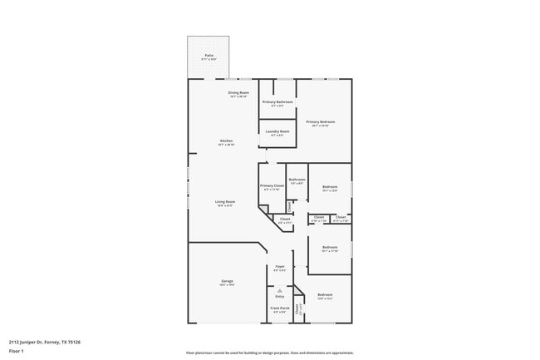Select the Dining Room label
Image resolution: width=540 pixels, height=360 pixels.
click(239, 92)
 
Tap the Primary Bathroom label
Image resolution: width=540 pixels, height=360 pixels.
click(277, 101)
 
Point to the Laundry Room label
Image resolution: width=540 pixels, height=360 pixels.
click(277, 131)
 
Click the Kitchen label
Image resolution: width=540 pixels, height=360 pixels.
click(226, 141)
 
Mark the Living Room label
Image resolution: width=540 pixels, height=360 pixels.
click(225, 201)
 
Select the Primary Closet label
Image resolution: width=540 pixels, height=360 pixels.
click(272, 185)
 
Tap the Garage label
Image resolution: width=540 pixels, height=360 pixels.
click(227, 281)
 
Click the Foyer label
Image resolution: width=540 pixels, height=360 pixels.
click(280, 266)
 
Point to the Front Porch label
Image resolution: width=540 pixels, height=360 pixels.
click(280, 308)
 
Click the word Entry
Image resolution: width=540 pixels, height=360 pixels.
click(279, 296)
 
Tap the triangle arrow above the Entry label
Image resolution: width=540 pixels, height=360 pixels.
click(279, 289)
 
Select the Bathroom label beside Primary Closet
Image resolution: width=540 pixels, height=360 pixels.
click(297, 180)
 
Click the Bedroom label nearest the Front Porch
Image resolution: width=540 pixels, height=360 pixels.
click(325, 294)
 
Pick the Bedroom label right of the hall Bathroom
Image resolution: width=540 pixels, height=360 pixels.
click(330, 186)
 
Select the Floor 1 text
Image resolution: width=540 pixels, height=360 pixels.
click(17, 352)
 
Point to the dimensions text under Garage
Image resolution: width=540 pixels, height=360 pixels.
click(227, 285)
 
